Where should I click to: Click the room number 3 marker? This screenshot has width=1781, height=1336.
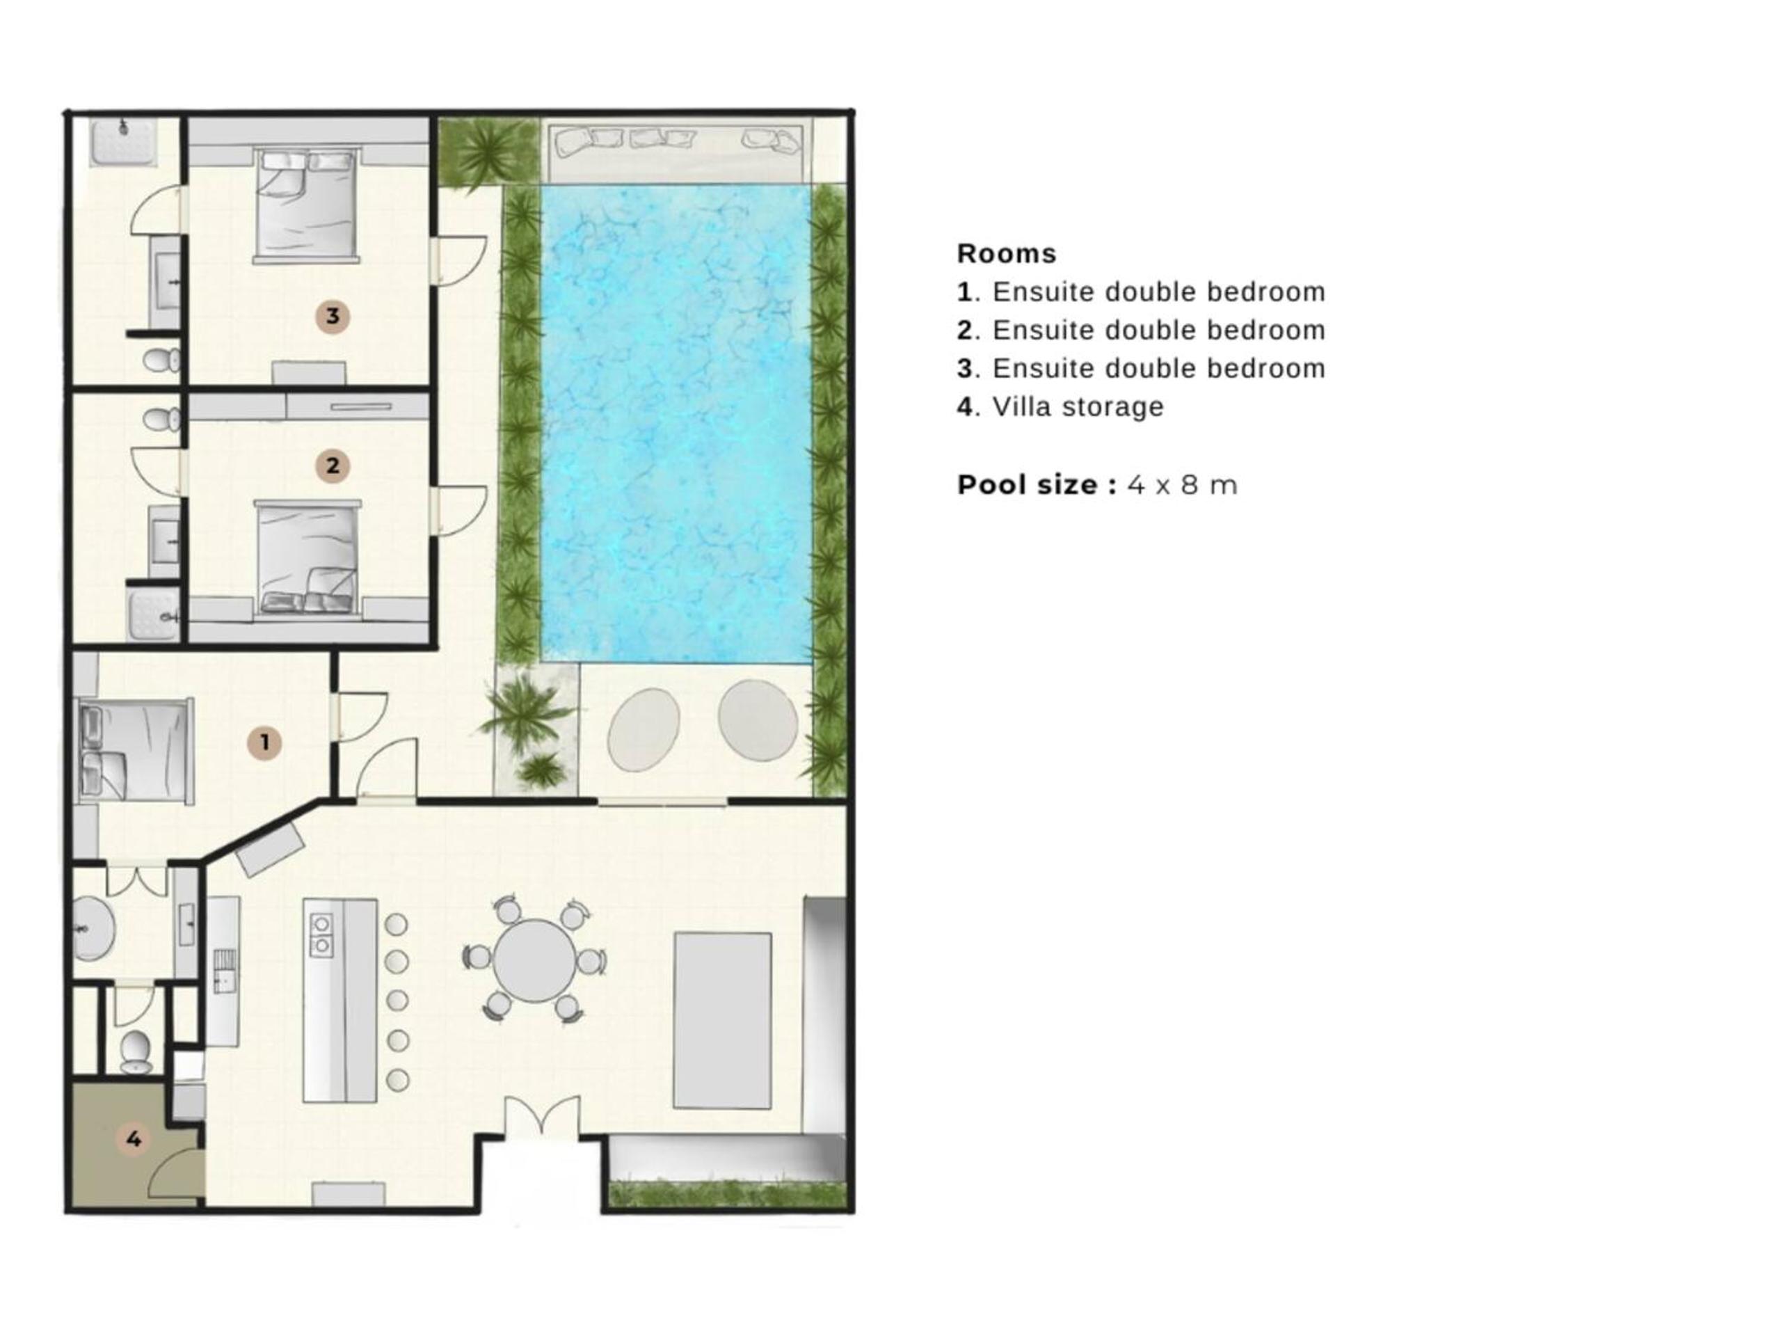point(333,317)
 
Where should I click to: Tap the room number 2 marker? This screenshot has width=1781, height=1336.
point(333,466)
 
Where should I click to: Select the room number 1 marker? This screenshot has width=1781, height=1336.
point(264,742)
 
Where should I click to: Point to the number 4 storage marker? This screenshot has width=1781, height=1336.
point(134,1138)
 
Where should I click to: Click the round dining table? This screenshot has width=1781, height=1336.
point(534,961)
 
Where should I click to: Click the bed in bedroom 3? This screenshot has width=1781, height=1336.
point(306,205)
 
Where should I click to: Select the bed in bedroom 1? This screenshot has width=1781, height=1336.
point(135,752)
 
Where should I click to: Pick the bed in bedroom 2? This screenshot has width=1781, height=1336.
point(307,559)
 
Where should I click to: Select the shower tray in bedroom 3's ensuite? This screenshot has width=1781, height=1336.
point(123,143)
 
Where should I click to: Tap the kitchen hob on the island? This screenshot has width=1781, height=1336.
point(321,934)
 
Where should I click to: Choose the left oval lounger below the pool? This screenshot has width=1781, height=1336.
point(644,731)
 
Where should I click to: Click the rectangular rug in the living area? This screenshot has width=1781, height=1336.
point(722,1020)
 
